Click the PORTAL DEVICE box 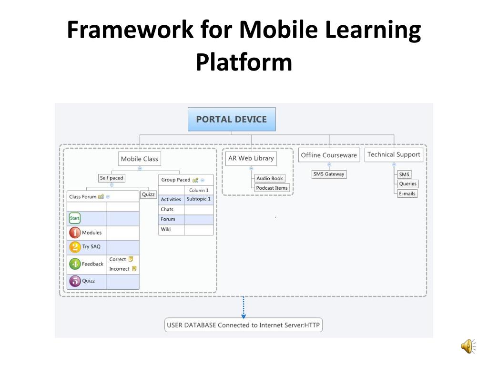pyautogui.click(x=232, y=119)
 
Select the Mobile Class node pyautogui.click(x=139, y=159)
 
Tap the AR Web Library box pyautogui.click(x=251, y=158)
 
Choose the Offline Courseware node pyautogui.click(x=329, y=155)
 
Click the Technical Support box pyautogui.click(x=394, y=154)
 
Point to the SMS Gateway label pyautogui.click(x=328, y=174)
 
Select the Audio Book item pyautogui.click(x=270, y=178)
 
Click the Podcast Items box pyautogui.click(x=272, y=188)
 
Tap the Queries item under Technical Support pyautogui.click(x=407, y=184)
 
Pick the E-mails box pyautogui.click(x=407, y=193)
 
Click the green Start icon pyautogui.click(x=75, y=219)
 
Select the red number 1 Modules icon pyautogui.click(x=75, y=233)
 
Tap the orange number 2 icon pyautogui.click(x=75, y=247)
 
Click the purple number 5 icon pyautogui.click(x=75, y=281)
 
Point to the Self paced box pyautogui.click(x=112, y=178)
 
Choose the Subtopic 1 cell pyautogui.click(x=198, y=199)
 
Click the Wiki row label pyautogui.click(x=166, y=229)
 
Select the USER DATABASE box pyautogui.click(x=243, y=325)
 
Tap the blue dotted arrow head pyautogui.click(x=244, y=315)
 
